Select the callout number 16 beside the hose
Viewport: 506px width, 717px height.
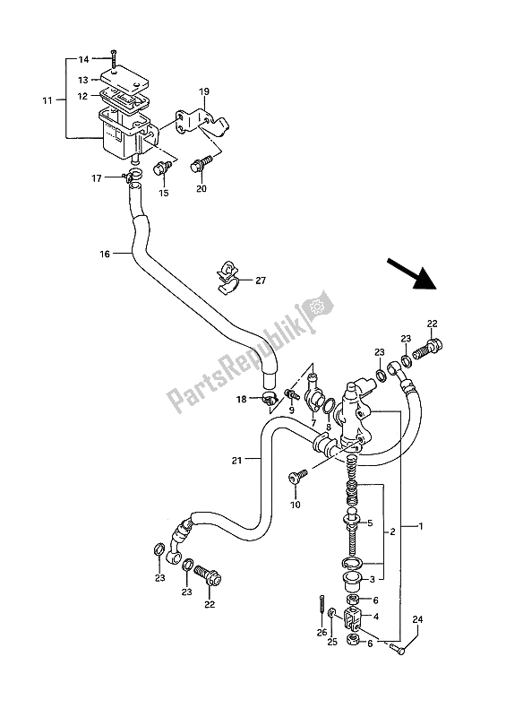pos(104,255)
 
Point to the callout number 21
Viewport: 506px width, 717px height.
pos(236,461)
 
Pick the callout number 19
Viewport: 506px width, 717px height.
pos(203,91)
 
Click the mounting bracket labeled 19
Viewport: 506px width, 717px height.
pos(202,122)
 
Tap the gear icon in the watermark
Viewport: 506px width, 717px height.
pos(314,307)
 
